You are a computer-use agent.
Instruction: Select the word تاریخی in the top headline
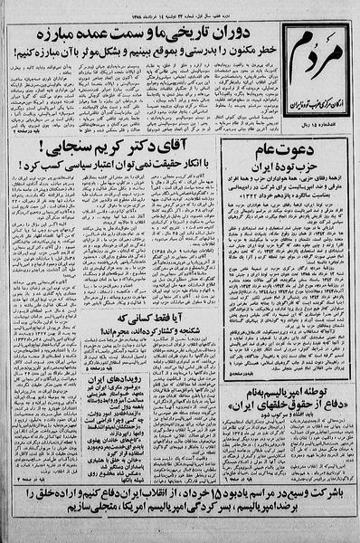tap(196, 37)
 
